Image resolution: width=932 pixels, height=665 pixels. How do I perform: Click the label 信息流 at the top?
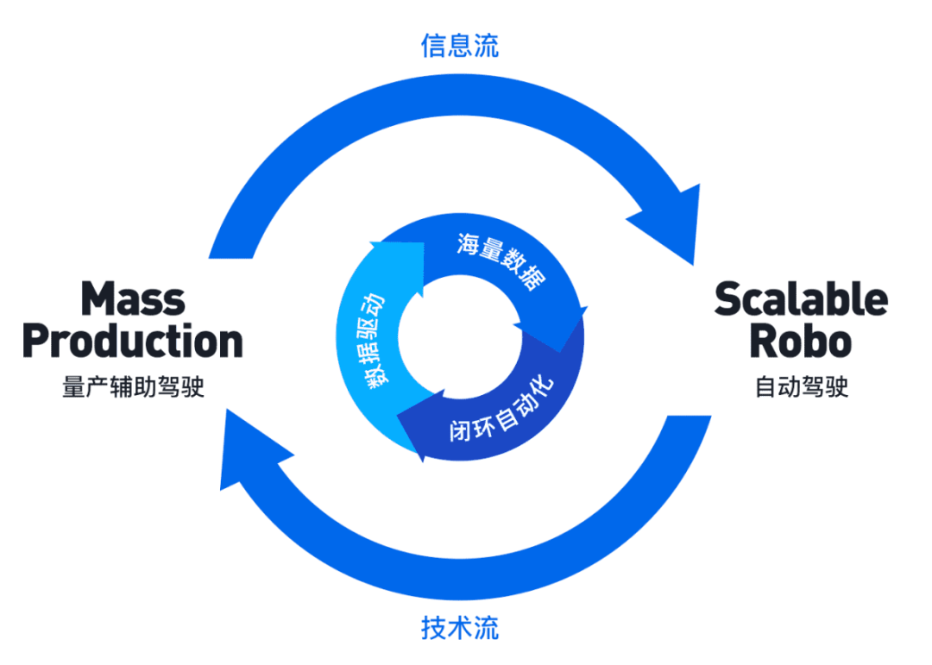[x=459, y=46]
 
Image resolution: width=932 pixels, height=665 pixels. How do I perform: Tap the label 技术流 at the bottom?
[x=459, y=627]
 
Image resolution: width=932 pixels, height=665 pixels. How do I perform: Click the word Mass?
[x=133, y=298]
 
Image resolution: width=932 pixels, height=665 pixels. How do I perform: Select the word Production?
[x=133, y=342]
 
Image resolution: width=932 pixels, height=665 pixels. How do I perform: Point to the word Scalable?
[x=801, y=298]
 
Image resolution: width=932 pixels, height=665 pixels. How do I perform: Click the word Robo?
[x=801, y=342]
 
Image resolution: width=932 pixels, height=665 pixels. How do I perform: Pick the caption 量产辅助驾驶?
[x=133, y=386]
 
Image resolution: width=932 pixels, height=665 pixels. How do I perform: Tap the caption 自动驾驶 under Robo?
[x=801, y=386]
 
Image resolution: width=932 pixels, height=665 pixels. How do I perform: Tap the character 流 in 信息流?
[x=486, y=46]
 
